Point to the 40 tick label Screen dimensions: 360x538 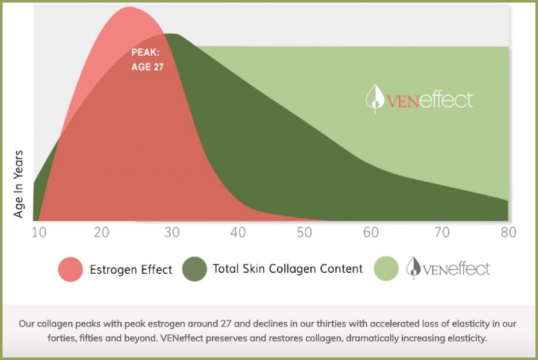click(x=239, y=232)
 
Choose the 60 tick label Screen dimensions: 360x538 click(x=373, y=232)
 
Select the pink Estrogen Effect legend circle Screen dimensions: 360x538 click(x=70, y=269)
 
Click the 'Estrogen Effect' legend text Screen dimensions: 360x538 click(x=131, y=270)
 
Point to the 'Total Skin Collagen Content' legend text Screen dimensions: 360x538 click(x=287, y=269)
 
